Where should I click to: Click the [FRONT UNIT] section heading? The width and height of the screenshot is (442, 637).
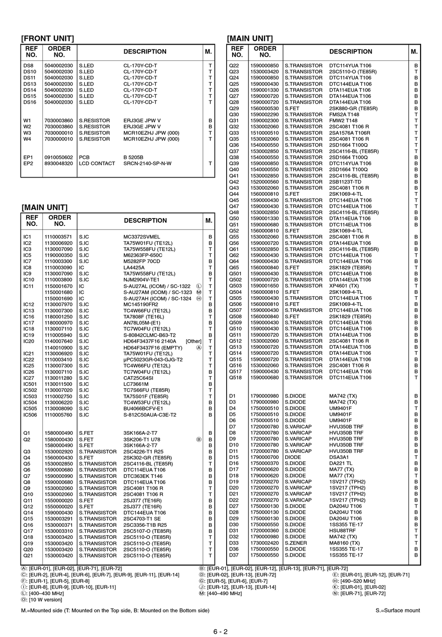tap(48, 39)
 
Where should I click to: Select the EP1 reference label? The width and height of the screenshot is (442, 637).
tap(28, 157)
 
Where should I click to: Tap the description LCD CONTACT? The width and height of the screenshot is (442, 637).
tap(97, 163)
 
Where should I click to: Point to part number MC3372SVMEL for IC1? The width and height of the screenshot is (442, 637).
tap(141, 237)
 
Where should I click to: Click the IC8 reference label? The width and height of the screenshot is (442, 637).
tap(27, 267)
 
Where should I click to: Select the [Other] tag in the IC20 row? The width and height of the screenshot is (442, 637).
tap(194, 341)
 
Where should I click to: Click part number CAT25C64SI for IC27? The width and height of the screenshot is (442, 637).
tap(138, 378)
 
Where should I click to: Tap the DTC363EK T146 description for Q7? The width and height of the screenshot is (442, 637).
tap(143, 476)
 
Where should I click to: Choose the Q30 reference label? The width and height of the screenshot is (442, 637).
tap(234, 114)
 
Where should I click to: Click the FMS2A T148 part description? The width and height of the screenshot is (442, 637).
tap(344, 114)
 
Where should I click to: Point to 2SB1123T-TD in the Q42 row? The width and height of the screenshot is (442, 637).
tap(345, 182)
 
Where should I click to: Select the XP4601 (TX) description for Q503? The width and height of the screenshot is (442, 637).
tap(344, 286)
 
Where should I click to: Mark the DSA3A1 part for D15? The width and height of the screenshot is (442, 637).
tap(339, 457)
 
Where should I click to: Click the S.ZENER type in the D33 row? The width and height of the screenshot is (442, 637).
tap(295, 543)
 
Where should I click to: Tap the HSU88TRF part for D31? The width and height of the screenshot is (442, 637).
tap(342, 531)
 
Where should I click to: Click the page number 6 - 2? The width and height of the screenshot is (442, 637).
tap(221, 631)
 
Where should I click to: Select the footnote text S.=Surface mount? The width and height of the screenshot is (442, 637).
tap(397, 610)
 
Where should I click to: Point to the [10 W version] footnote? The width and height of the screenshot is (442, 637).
tap(45, 599)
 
